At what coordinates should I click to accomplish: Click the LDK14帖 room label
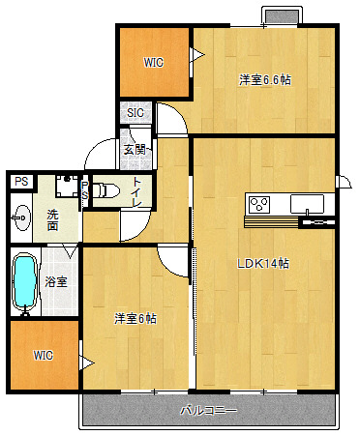(263, 264)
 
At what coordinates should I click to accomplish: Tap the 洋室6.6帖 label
(265, 79)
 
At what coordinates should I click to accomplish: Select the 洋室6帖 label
(135, 318)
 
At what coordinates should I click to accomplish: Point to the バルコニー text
(208, 411)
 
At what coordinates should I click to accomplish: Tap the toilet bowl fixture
(105, 190)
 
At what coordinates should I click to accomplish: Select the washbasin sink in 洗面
(22, 218)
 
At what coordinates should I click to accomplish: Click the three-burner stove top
(259, 204)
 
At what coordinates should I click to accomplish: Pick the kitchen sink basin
(307, 204)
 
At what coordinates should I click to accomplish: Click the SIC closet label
(135, 113)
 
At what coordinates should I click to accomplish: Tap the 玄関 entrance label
(135, 150)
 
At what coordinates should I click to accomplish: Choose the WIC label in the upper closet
(154, 63)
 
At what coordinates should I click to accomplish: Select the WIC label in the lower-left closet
(44, 356)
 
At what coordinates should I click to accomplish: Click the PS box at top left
(21, 182)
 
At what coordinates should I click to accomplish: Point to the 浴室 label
(56, 282)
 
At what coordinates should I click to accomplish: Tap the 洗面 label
(53, 220)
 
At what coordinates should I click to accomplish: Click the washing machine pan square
(67, 186)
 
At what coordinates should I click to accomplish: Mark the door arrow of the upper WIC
(197, 54)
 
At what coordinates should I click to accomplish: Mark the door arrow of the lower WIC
(87, 363)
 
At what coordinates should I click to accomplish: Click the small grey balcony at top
(283, 16)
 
